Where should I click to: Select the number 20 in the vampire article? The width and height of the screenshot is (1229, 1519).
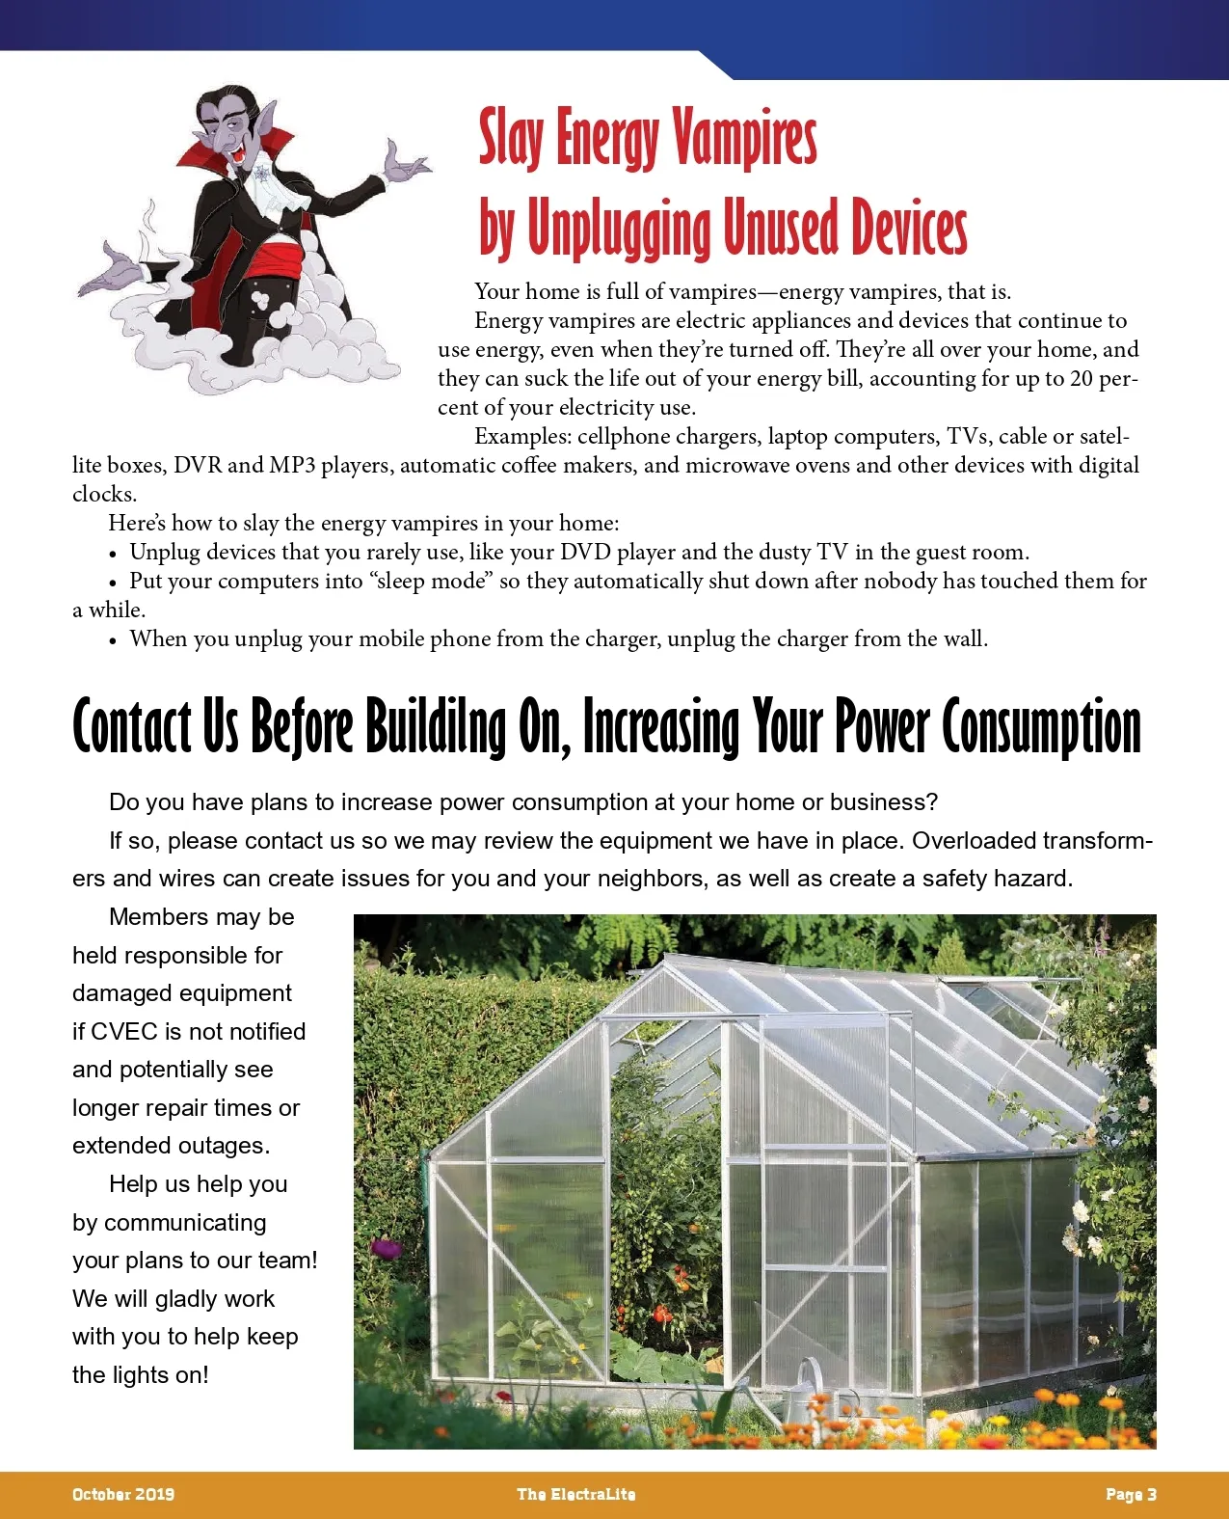(x=1081, y=379)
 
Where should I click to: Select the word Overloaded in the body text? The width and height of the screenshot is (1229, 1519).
(x=968, y=841)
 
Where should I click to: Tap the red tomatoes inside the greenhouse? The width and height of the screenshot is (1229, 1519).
(x=662, y=1314)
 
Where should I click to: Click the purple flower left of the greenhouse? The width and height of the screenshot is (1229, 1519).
(x=387, y=1249)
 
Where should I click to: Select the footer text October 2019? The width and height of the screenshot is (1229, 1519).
(x=123, y=1495)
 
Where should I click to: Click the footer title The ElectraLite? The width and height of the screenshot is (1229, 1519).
(x=575, y=1495)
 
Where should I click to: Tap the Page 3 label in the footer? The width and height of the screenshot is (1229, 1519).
(x=1131, y=1495)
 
